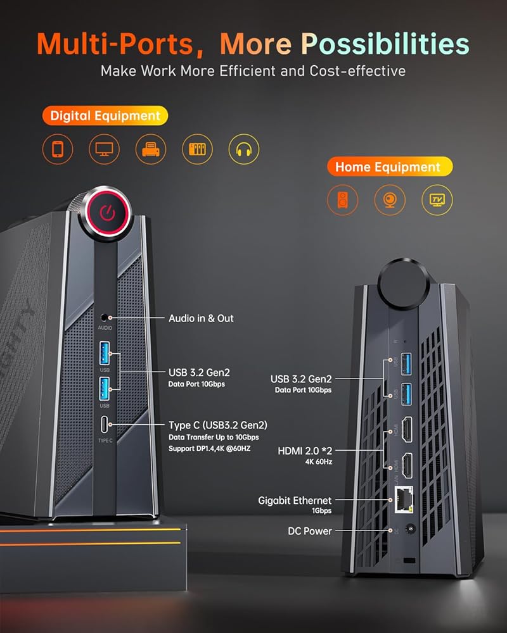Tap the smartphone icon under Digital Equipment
coord(58,149)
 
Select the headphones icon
coord(244,149)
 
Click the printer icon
coord(151,149)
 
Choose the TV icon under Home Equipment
coord(437,200)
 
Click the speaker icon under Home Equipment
coord(343,200)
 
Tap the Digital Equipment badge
coord(105,116)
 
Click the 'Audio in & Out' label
coord(201,318)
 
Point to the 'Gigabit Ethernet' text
coord(295,500)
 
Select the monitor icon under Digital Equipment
coord(104,149)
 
